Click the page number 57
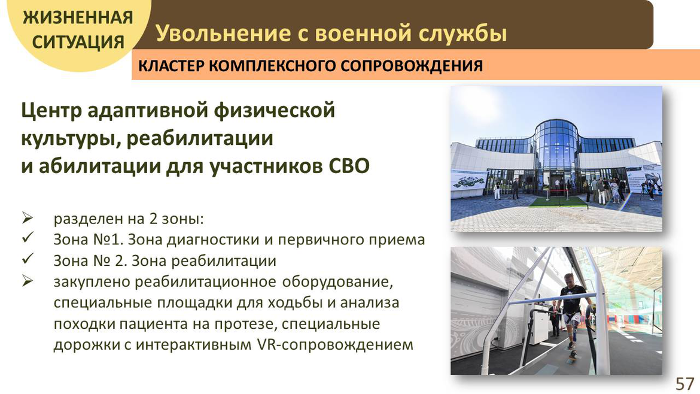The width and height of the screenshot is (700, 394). [685, 384]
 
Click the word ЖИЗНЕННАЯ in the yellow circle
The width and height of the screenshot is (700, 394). [78, 17]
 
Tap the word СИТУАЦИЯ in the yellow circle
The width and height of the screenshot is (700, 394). [78, 42]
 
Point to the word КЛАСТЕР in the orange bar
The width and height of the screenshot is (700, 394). [172, 66]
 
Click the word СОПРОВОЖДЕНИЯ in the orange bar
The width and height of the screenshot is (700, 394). [412, 66]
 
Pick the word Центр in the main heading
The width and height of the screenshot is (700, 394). [51, 110]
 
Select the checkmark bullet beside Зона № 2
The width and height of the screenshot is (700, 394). [28, 259]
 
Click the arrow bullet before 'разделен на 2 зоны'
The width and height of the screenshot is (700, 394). [28, 218]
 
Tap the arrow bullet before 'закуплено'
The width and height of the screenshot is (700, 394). [28, 281]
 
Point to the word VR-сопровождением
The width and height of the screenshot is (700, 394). [335, 344]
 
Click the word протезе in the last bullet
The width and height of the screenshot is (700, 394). [242, 324]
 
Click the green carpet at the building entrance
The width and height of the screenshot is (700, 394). [558, 202]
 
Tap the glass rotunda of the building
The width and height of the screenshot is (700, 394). [556, 152]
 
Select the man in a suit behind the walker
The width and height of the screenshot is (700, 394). [554, 319]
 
